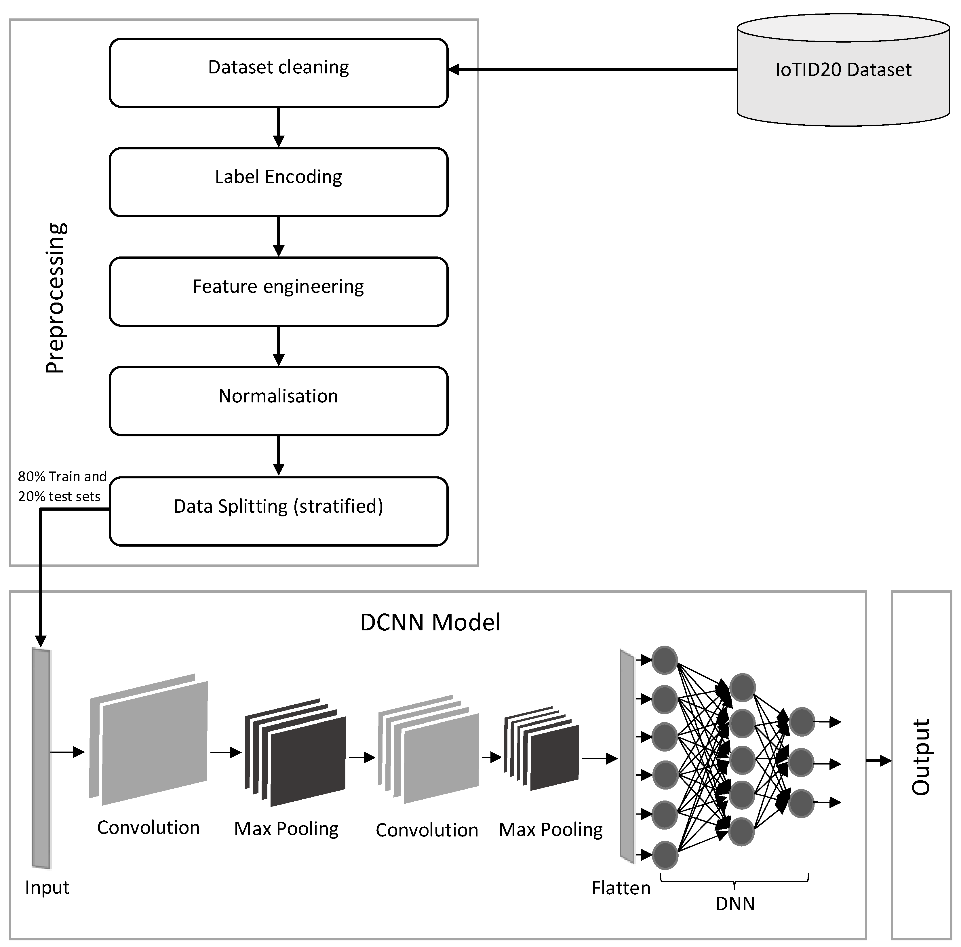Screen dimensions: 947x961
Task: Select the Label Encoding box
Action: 279,182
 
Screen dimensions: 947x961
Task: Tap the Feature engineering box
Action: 279,292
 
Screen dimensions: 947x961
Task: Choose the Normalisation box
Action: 279,401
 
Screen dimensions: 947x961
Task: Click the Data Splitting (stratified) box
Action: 279,511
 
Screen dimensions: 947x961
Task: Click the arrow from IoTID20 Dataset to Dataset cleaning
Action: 592,70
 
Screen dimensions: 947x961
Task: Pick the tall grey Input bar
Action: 41,758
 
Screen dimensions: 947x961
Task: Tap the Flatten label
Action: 621,888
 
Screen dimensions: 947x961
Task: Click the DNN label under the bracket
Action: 735,904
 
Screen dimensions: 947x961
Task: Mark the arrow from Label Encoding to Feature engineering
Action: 279,237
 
